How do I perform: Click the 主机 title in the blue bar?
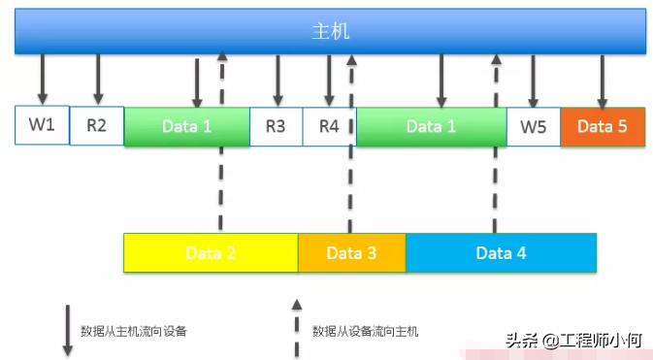click(x=330, y=31)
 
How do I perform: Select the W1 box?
click(x=42, y=125)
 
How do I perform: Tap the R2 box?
click(x=97, y=126)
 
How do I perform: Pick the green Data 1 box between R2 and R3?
click(x=186, y=126)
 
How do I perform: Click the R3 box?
click(x=276, y=126)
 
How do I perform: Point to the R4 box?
click(x=329, y=126)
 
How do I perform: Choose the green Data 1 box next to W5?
click(x=431, y=126)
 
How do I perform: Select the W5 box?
click(x=533, y=126)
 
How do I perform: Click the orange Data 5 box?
click(x=602, y=126)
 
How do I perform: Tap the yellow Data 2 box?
click(x=211, y=253)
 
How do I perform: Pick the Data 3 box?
click(x=351, y=253)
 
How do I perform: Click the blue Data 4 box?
click(x=501, y=253)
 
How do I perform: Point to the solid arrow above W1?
click(x=42, y=78)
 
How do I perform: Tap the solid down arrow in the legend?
click(x=67, y=330)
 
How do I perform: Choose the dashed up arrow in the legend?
click(x=297, y=330)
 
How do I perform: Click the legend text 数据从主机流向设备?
click(x=133, y=331)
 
